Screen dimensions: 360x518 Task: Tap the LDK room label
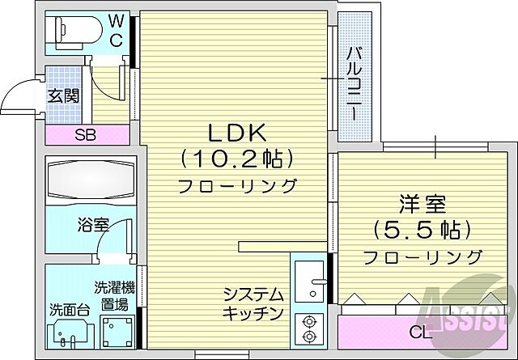coord(236,131)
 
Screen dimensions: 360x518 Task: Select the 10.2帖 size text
coord(236,156)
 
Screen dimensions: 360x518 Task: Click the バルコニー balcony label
coord(355,84)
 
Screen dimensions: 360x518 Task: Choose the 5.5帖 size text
coord(422,231)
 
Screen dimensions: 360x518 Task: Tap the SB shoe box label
coord(86,135)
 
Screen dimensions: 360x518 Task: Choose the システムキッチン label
coord(254,303)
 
